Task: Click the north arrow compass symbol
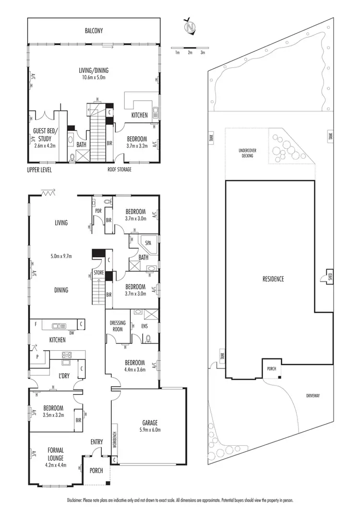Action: [192, 27]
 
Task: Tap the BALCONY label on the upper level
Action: [94, 31]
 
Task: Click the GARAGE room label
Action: [150, 423]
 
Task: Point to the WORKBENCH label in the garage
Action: [114, 438]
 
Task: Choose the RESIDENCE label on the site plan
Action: [274, 278]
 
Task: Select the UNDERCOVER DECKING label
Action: [247, 153]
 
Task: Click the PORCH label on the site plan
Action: [270, 368]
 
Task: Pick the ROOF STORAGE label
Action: [120, 169]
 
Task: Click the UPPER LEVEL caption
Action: [39, 170]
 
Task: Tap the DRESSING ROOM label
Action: [118, 326]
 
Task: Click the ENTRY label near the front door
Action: [96, 441]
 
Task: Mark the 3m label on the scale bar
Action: [203, 52]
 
